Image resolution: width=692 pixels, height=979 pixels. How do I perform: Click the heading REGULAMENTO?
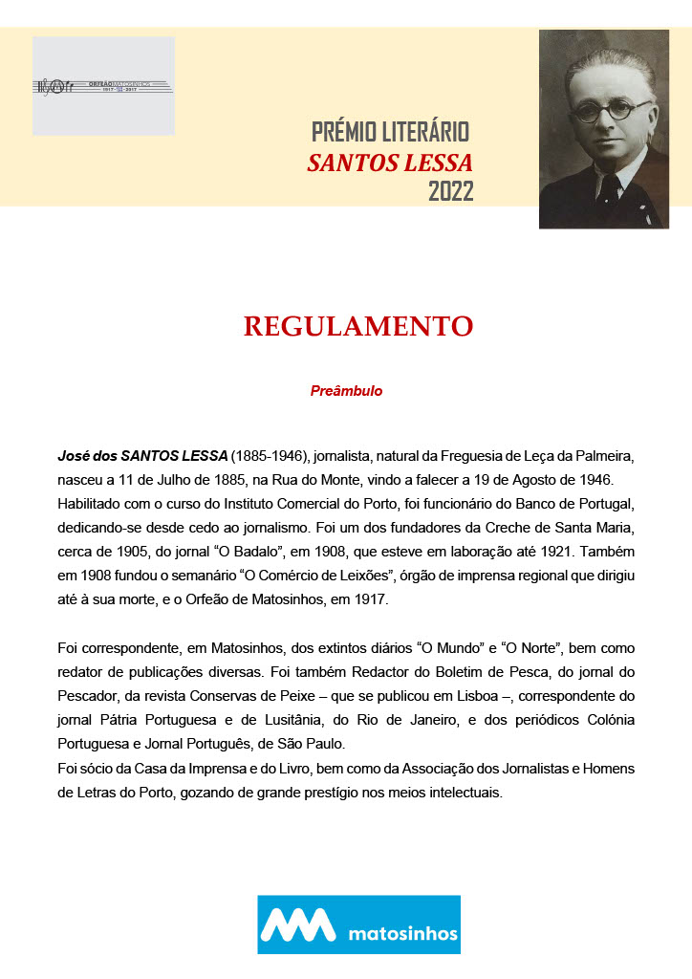[357, 327]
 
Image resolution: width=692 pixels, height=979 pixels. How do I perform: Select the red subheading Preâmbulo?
[346, 391]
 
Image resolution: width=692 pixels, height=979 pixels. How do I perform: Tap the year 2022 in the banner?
[450, 192]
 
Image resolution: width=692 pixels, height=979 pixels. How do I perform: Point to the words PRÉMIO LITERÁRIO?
[390, 133]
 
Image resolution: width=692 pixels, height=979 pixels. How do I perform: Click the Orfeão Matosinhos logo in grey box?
[103, 86]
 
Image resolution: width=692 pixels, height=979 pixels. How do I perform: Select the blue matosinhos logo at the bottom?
[358, 925]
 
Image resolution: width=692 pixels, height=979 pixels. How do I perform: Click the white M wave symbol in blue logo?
[298, 925]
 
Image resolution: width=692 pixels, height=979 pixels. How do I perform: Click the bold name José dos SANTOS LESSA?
[142, 455]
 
